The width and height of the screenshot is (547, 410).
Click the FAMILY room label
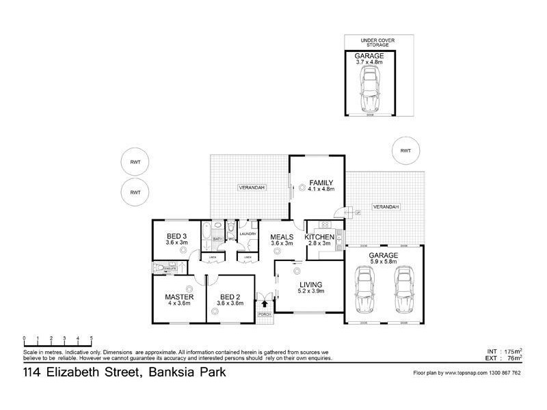(x=321, y=182)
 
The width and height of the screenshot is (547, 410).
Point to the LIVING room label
(x=310, y=284)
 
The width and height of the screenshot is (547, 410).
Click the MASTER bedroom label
(x=180, y=298)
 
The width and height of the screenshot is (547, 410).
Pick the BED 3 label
(x=176, y=236)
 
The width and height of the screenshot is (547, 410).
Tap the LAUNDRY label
(x=248, y=234)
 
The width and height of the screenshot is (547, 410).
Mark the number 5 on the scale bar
(x=90, y=338)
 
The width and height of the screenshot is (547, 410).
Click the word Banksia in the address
(x=163, y=373)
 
